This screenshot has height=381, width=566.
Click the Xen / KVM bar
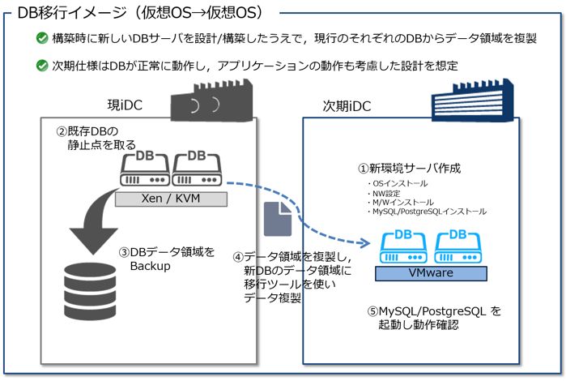[x=170, y=199]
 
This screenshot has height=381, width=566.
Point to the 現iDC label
[x=126, y=105]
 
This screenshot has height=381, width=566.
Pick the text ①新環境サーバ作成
[x=410, y=169]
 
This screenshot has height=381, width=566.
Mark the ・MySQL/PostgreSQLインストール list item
[x=426, y=212]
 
